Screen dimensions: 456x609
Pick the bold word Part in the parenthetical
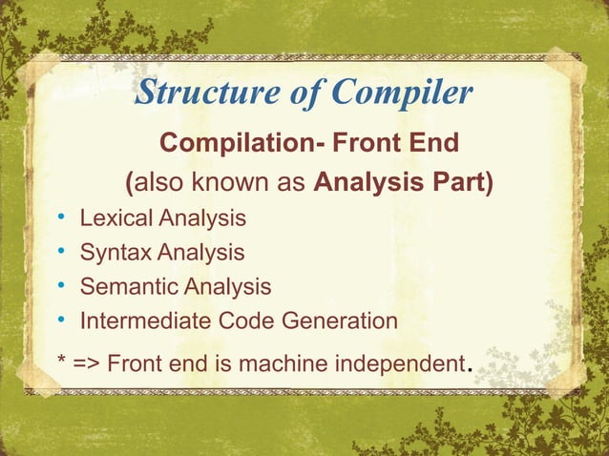459,182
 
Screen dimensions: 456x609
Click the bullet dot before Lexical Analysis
60,219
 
